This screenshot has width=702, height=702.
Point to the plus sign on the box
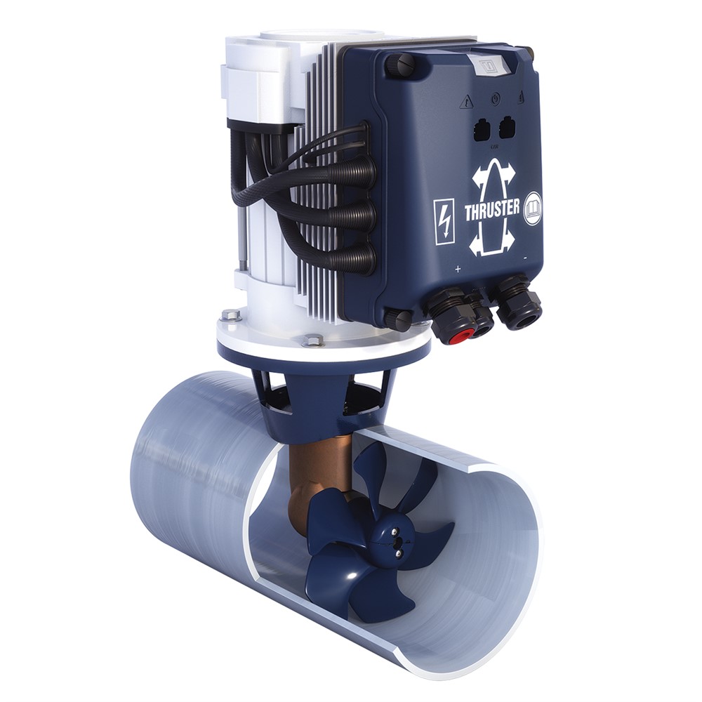coord(458,269)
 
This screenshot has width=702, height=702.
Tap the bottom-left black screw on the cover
coord(397,320)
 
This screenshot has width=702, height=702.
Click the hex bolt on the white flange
coord(314,341)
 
